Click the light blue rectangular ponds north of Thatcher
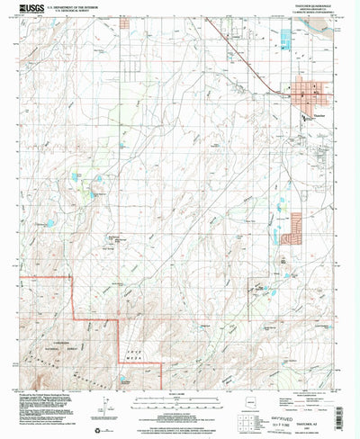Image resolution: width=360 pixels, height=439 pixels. click(286, 40)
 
